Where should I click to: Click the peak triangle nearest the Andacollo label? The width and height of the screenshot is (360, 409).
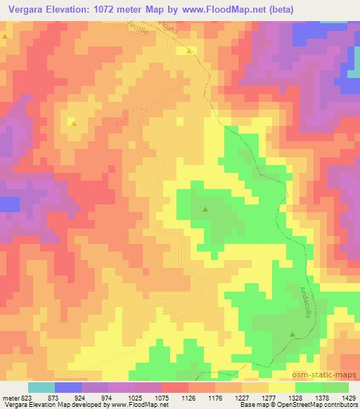tap(292, 335)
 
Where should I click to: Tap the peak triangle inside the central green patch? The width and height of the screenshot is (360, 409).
tap(205, 209)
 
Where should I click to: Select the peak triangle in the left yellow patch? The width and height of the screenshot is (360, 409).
tap(72, 122)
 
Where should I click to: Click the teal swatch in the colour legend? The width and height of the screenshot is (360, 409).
tap(41, 387)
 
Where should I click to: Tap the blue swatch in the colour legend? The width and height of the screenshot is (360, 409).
tap(68, 387)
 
